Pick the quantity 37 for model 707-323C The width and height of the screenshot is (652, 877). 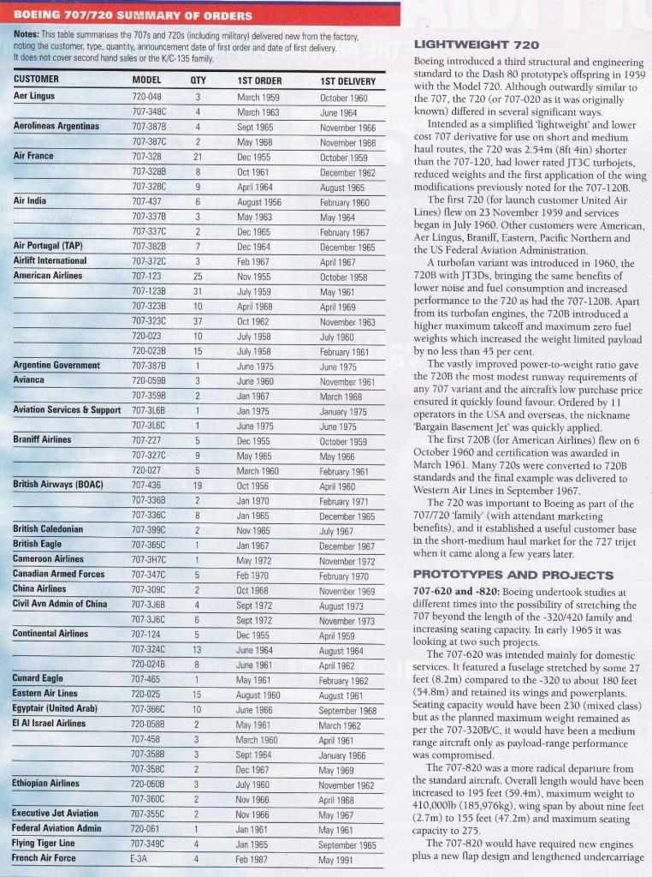(198, 321)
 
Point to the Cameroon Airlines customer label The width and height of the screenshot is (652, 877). (52, 558)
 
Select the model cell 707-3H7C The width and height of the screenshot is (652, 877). (150, 558)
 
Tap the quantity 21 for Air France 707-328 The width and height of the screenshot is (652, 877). (198, 158)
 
